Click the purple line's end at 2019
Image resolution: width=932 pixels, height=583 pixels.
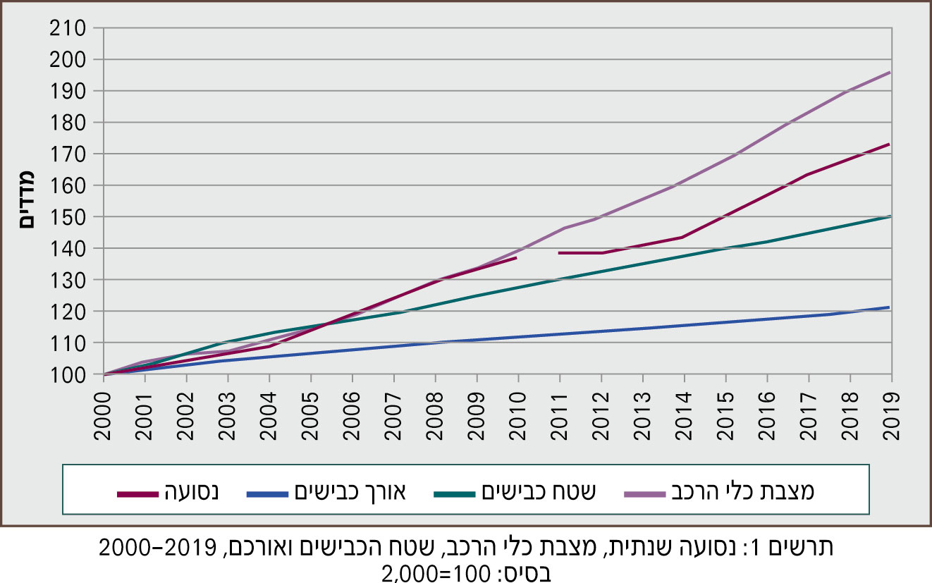click(890, 72)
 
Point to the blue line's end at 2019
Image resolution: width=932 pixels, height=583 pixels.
click(890, 307)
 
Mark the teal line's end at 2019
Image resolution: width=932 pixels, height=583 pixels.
click(890, 216)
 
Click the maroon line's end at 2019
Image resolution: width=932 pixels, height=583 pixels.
click(890, 144)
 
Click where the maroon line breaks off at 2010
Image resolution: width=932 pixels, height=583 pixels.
click(517, 258)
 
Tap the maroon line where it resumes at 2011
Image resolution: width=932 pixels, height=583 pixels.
click(559, 252)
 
